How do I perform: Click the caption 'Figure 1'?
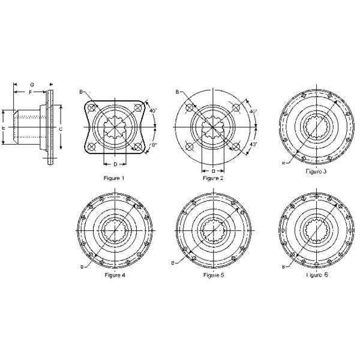click(115, 178)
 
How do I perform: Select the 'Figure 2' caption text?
click(213, 178)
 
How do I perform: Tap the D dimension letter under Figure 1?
click(115, 163)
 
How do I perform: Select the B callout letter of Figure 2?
click(178, 92)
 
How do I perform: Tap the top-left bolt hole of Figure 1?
click(91, 109)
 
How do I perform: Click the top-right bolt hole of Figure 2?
click(236, 108)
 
